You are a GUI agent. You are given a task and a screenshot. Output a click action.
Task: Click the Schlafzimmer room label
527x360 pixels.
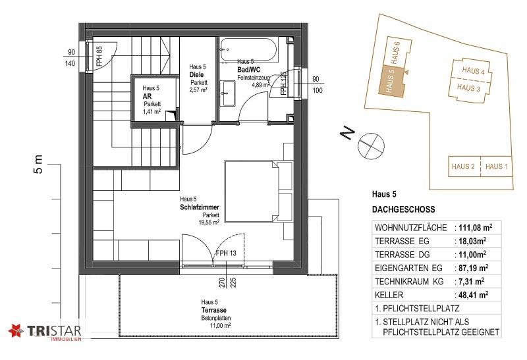[200, 207]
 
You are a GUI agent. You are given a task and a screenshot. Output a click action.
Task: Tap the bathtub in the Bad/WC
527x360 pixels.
[248, 50]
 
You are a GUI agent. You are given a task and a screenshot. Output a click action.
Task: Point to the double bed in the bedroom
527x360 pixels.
[258, 192]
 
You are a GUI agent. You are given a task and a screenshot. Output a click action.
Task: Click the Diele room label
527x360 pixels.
[196, 74]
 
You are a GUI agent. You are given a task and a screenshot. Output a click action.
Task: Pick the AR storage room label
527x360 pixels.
[147, 96]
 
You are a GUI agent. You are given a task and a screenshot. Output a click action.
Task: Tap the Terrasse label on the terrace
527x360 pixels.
[213, 310]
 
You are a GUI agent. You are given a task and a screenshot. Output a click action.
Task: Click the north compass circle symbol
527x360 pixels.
[371, 145]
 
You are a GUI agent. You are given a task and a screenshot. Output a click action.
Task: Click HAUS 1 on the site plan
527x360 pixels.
[497, 167]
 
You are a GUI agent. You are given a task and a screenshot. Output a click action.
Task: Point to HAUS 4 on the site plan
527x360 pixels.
[473, 70]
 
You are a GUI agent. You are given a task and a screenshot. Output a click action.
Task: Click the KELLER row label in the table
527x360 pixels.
[389, 296]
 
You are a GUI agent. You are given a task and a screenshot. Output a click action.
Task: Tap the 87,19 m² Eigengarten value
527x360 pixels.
[474, 268]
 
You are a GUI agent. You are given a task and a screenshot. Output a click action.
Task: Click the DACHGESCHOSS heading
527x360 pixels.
[403, 209]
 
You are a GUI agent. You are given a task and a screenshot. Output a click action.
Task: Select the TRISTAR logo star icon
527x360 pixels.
[16, 331]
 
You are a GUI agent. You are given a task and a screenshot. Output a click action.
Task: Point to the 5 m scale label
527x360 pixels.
[38, 165]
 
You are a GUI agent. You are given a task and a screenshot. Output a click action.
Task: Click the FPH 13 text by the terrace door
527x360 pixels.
[226, 253]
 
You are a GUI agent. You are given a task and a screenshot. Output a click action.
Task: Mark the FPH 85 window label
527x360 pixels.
[99, 56]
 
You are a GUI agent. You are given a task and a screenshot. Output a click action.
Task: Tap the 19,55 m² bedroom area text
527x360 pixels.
[209, 222]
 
